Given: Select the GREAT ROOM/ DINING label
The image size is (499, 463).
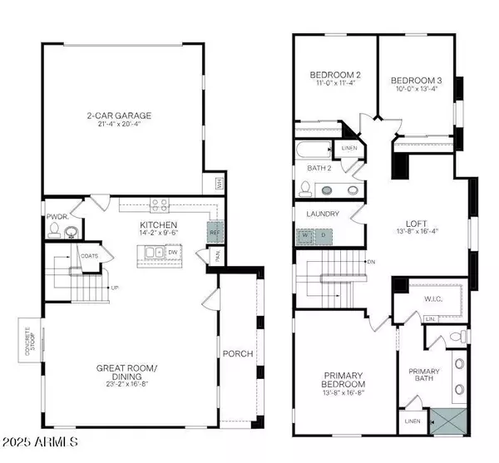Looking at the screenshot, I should pos(126,367).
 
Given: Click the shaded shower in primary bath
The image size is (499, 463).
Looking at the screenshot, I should pos(447,422).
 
